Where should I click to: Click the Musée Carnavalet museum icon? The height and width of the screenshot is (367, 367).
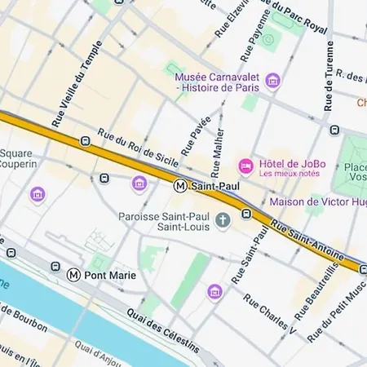[272, 80]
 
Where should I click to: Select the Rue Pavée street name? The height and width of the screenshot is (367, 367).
[196, 136]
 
